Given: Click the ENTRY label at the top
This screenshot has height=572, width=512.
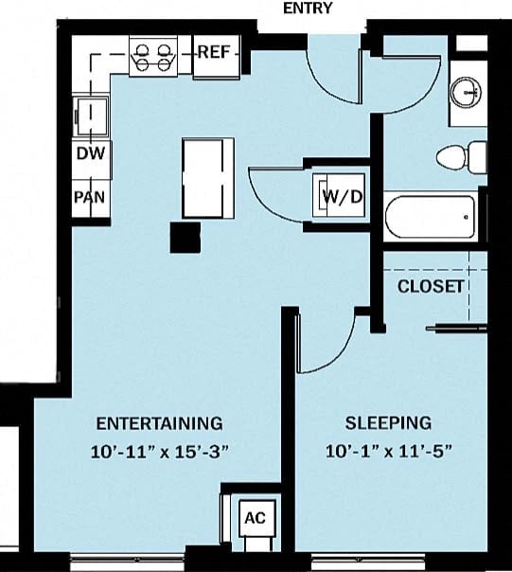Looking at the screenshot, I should point(308,9).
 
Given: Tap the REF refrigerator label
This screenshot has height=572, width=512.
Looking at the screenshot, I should point(212,52).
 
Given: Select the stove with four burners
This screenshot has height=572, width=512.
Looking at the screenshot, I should point(154,54).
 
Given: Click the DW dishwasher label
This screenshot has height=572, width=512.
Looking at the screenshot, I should point(89,153).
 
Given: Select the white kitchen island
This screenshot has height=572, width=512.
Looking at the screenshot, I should point(208,177).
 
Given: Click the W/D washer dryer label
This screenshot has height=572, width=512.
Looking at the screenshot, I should point(342,197).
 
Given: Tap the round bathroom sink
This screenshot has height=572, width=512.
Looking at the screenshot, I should point(465,92).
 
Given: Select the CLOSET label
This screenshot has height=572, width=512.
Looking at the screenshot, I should point(431,285).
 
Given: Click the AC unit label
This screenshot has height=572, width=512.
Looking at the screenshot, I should point(255,518).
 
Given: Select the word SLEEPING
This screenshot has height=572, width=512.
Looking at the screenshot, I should point(388,422).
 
